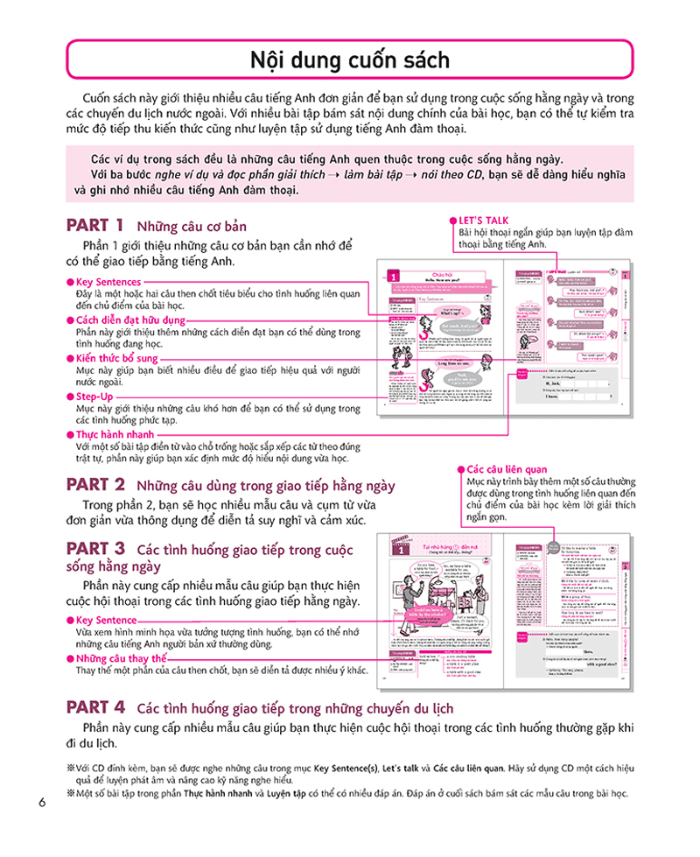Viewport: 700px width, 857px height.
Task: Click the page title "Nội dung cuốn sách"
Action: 350,60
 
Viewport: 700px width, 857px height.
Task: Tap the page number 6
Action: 41,802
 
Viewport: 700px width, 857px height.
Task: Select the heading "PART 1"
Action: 95,224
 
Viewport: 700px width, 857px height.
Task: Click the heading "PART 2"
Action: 95,484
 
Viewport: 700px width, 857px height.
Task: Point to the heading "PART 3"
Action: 95,549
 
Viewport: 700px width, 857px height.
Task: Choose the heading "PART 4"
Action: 95,706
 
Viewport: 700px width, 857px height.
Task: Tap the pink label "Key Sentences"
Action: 108,282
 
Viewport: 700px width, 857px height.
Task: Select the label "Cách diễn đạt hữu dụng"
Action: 131,320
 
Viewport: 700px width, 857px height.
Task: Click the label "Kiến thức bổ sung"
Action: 116,359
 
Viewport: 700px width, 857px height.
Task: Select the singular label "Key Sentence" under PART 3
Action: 107,620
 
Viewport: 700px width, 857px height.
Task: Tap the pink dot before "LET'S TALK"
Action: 451,220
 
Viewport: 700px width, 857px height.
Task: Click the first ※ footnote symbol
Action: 71,768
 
